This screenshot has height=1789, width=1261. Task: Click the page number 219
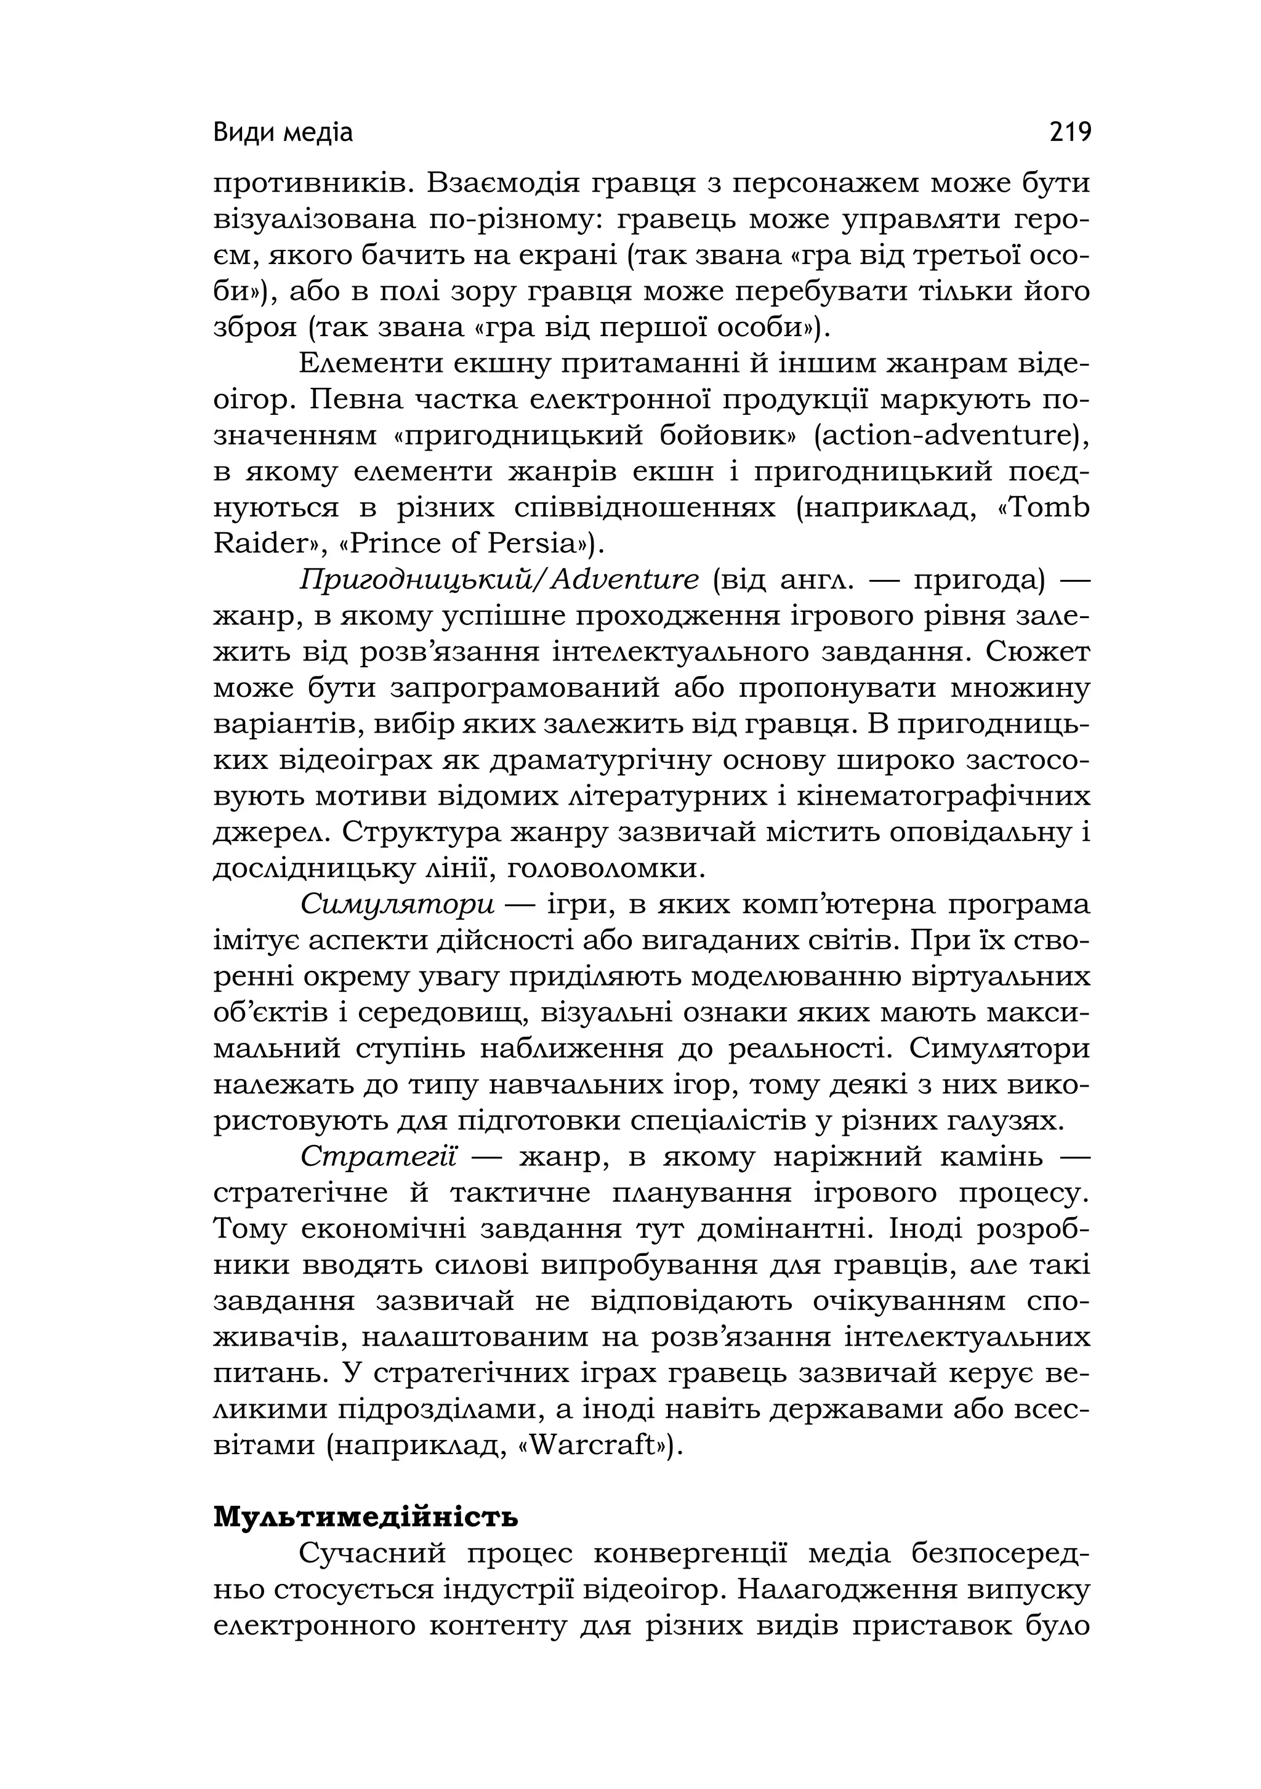click(x=1070, y=132)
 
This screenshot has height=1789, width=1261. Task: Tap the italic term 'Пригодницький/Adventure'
click(x=499, y=580)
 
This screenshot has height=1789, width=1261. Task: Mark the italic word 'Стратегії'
click(x=378, y=1157)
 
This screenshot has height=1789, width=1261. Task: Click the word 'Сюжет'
click(x=1037, y=651)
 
